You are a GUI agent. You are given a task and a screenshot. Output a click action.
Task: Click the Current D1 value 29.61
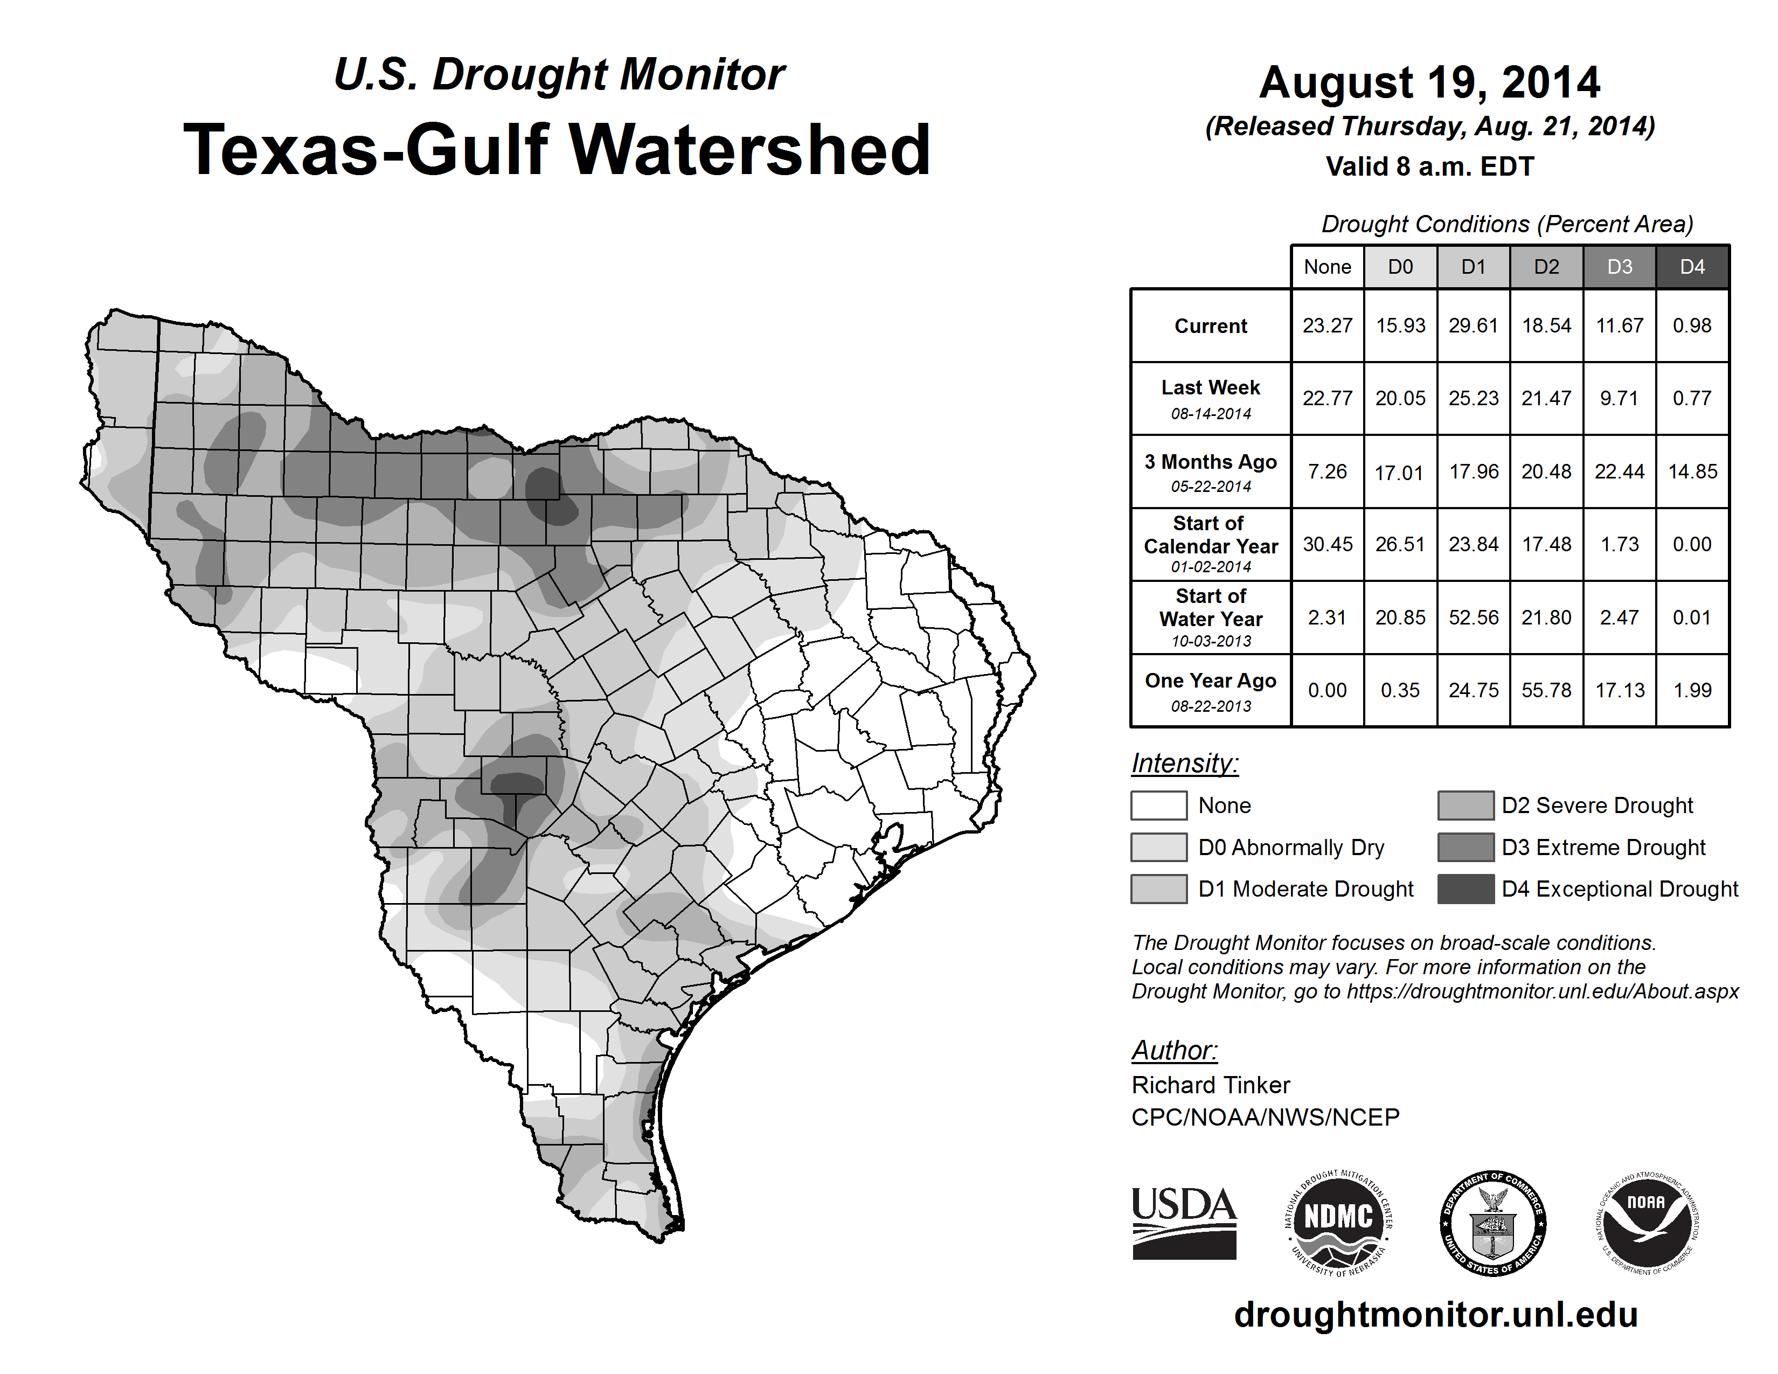[x=1474, y=325]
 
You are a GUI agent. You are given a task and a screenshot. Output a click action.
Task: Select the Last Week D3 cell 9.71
[x=1619, y=398]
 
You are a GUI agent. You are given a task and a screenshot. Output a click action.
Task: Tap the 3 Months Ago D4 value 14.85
[x=1692, y=471]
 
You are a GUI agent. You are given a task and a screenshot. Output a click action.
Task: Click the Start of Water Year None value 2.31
[x=1327, y=617]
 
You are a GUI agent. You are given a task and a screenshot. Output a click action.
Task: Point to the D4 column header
[x=1692, y=267]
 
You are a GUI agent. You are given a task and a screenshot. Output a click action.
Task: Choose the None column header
[x=1327, y=267]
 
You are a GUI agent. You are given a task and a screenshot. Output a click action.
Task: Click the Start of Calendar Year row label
[x=1211, y=544]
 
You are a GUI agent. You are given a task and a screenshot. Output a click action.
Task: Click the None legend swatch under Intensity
[x=1158, y=805]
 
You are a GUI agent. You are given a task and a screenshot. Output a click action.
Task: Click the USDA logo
[x=1184, y=1223]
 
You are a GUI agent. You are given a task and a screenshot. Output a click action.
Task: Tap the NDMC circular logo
[x=1338, y=1223]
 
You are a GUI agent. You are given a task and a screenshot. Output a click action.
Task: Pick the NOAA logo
[x=1646, y=1223]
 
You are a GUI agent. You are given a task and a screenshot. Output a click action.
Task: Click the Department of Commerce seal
[x=1492, y=1223]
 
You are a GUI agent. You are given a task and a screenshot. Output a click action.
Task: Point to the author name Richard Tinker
[x=1211, y=1085]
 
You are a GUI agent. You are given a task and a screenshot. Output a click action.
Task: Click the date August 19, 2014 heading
[x=1429, y=82]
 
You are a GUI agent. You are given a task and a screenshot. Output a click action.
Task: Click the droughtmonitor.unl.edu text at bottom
[x=1436, y=1315]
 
